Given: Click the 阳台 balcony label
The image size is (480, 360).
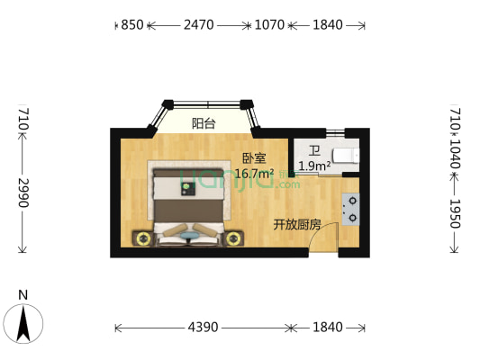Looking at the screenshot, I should tap(204, 123).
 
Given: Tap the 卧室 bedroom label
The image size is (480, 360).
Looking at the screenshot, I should tap(253, 157).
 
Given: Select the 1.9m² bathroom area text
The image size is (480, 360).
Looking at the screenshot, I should tap(313, 166).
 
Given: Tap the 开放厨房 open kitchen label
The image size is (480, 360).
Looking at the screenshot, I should tap(297, 224).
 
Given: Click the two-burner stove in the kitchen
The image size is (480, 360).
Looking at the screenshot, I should tap(350, 209).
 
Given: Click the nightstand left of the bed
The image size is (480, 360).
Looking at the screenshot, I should tap(142, 238).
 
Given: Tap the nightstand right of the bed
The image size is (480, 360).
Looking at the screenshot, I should tap(234, 238).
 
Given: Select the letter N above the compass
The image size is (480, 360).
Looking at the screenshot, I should tap(24, 294).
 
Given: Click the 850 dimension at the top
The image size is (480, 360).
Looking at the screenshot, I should tap(131, 25).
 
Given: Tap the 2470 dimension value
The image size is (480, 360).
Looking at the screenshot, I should tap(198, 25).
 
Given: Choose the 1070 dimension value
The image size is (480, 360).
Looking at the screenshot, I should tap(270, 25).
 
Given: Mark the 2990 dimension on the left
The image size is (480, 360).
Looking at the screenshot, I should tap(23, 192).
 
